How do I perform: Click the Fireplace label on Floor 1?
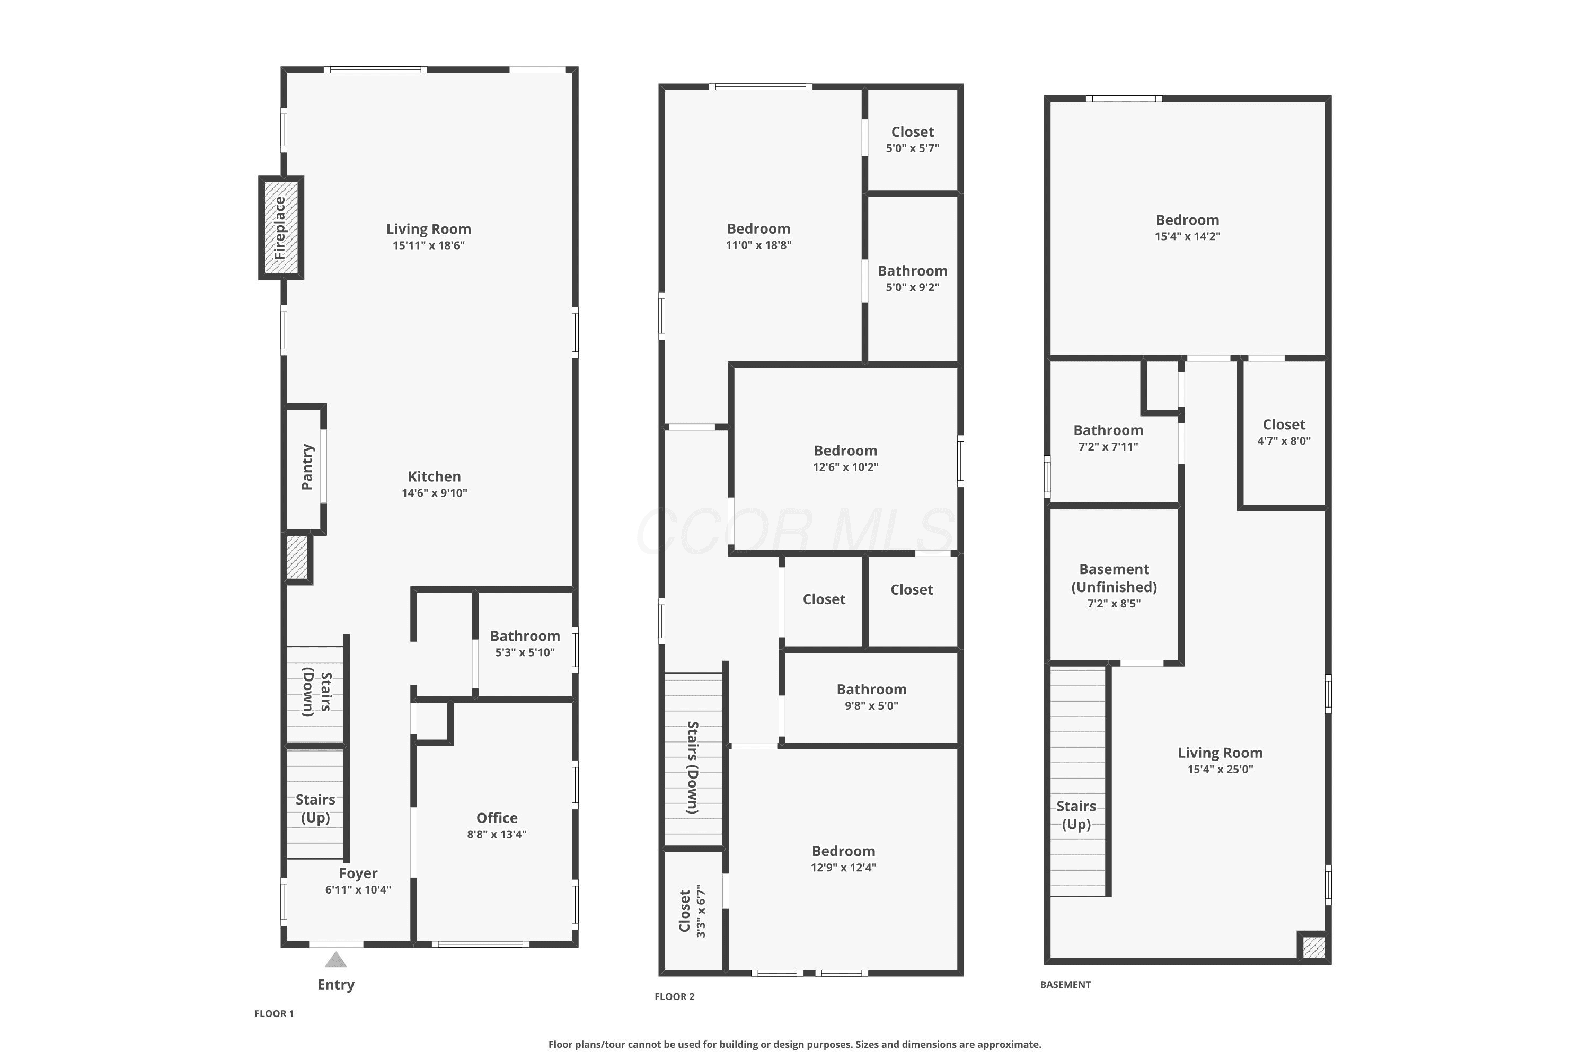[279, 228]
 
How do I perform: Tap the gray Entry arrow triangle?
[336, 960]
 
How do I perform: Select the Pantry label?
[307, 467]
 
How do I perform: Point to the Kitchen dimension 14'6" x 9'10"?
[435, 493]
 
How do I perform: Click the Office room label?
[497, 818]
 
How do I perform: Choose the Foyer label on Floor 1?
[358, 873]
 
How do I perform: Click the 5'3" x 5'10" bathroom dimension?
[525, 652]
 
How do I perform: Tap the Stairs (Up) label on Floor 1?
[315, 809]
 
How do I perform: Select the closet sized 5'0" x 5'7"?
[913, 140]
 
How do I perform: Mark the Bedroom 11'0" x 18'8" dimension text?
[758, 245]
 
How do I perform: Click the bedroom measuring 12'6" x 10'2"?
[846, 459]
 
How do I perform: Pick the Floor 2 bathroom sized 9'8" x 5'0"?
[871, 697]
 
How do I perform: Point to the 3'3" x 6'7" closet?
[693, 911]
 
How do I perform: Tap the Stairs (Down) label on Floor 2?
[693, 767]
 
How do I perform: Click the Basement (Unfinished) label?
[1114, 578]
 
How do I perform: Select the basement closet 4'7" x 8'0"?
[1284, 432]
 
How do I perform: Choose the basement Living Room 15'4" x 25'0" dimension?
[1220, 770]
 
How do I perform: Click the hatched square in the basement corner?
[1313, 947]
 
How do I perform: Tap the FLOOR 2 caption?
[675, 996]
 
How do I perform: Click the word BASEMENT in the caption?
[1065, 984]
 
